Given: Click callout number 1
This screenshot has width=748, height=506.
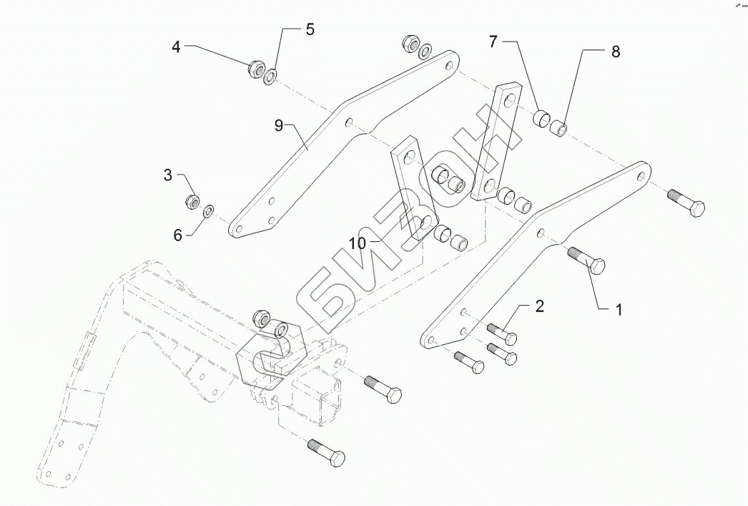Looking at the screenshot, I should [619, 310].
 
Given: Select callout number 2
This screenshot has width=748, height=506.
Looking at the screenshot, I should [539, 307].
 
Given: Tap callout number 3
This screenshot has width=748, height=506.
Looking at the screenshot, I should [167, 175].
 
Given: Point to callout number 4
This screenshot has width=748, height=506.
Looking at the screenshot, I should [176, 47].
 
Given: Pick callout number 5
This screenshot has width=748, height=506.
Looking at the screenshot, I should [310, 29].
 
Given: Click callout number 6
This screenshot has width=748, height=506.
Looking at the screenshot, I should [177, 234].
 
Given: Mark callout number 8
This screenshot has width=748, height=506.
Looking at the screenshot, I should [615, 52].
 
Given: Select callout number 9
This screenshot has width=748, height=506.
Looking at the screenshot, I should [280, 126].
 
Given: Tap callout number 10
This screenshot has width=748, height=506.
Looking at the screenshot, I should [358, 244].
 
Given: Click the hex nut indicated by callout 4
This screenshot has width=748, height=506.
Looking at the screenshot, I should [255, 69].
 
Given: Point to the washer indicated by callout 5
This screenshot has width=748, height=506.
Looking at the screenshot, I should [271, 75].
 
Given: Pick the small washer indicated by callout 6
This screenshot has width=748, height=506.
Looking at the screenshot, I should [209, 210].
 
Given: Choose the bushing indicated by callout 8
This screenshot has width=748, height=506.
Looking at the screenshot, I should [559, 130].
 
